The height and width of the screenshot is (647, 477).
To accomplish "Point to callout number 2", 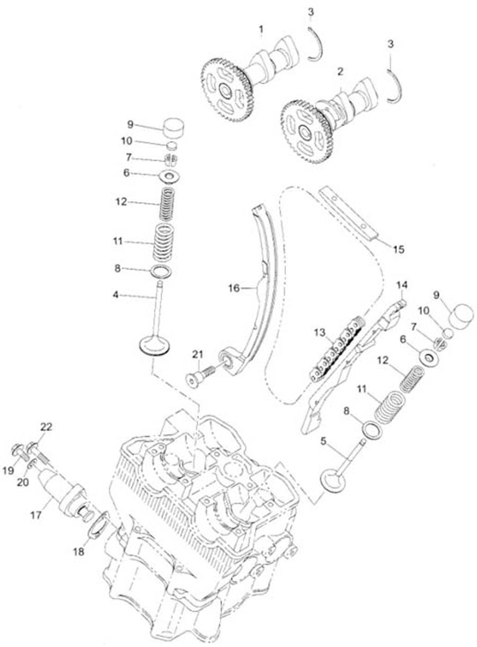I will pos(340,70).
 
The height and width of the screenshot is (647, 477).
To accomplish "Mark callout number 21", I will pos(198,355).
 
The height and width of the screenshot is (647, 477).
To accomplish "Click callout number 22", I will pos(46,427).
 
